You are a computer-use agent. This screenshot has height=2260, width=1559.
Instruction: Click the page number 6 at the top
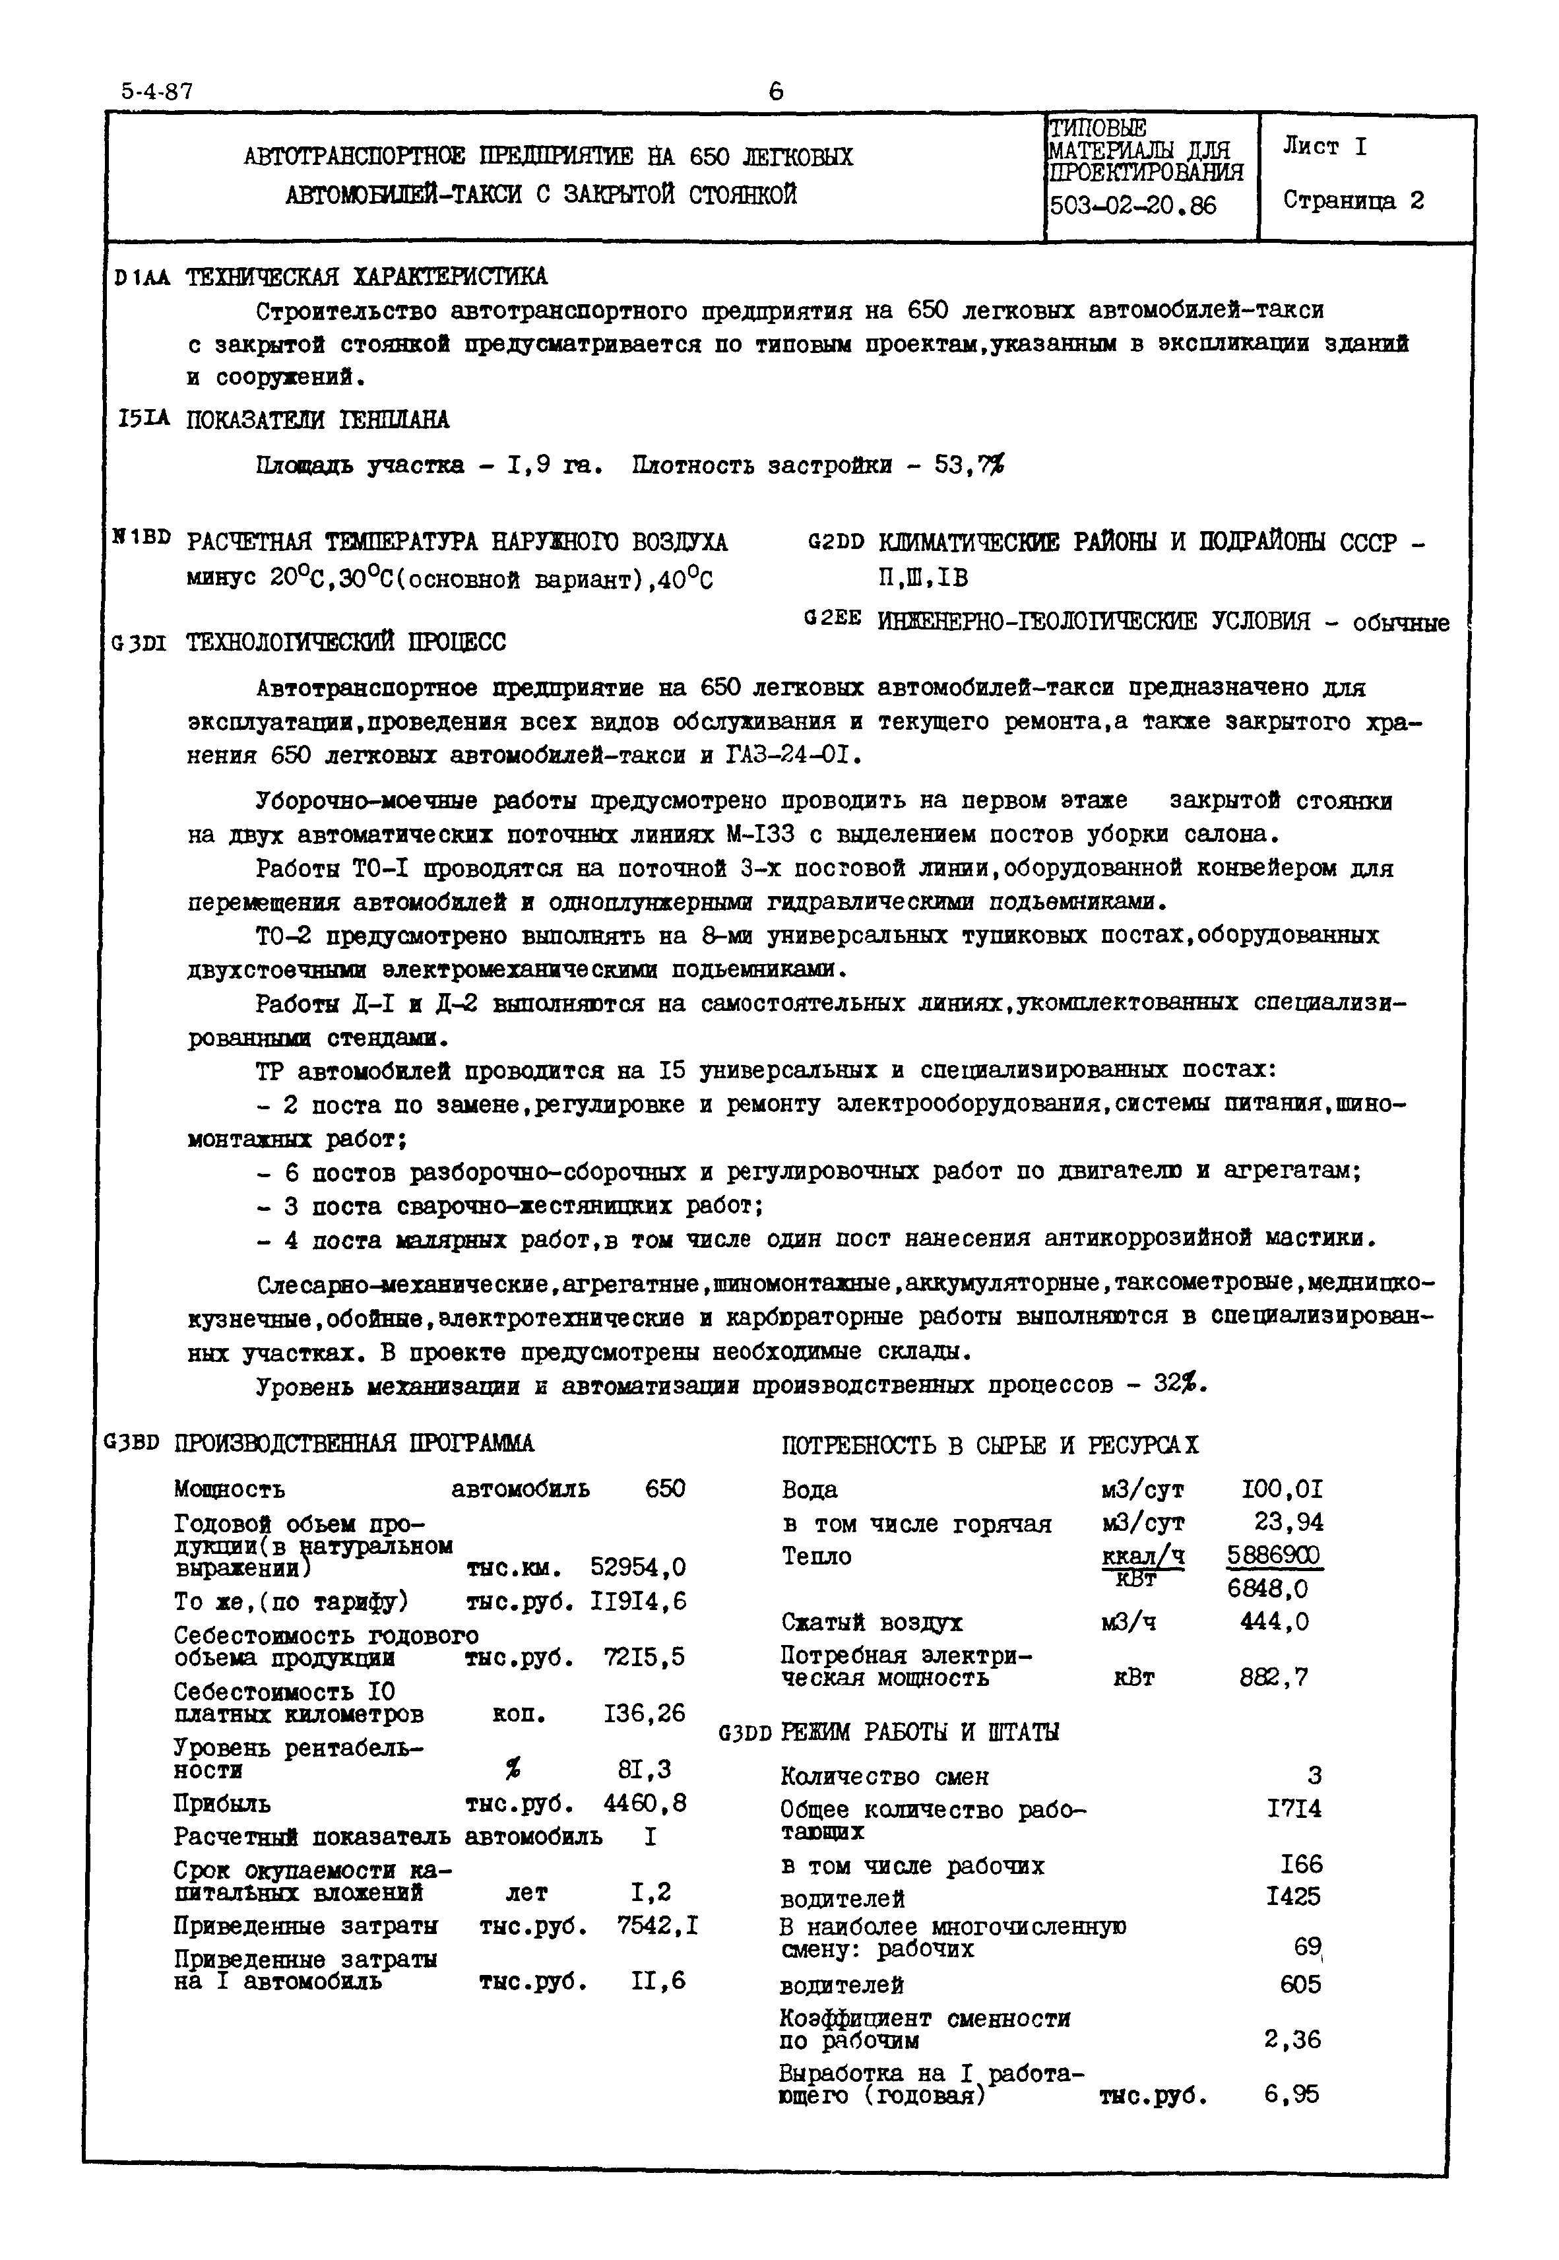coord(776,91)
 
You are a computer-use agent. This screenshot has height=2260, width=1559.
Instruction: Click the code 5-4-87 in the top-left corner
coord(157,91)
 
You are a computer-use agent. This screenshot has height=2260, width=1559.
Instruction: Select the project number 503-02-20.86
coord(1132,206)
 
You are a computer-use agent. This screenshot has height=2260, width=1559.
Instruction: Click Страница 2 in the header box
coord(1353,201)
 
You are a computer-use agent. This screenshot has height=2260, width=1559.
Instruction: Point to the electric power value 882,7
coord(1274,1678)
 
